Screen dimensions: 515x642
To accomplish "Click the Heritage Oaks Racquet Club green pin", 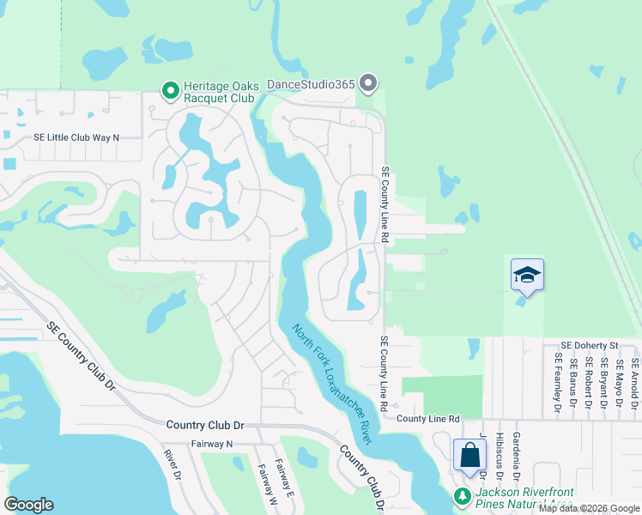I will point(170,88).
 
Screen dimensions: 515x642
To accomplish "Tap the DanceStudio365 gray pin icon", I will point(368,83).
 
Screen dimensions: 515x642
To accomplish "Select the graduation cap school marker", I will point(527,275).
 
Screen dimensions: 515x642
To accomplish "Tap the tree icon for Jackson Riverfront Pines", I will point(462,497).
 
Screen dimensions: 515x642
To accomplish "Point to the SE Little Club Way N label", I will point(76,137).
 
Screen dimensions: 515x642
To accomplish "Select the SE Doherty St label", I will point(591,343).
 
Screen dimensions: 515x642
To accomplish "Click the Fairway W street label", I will point(263,482).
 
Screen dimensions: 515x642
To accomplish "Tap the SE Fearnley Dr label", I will point(558,383).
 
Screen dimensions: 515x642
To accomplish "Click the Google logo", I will point(28,505).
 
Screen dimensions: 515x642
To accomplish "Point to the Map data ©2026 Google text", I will point(588,508).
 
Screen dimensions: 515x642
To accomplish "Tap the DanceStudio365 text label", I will point(311,83).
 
